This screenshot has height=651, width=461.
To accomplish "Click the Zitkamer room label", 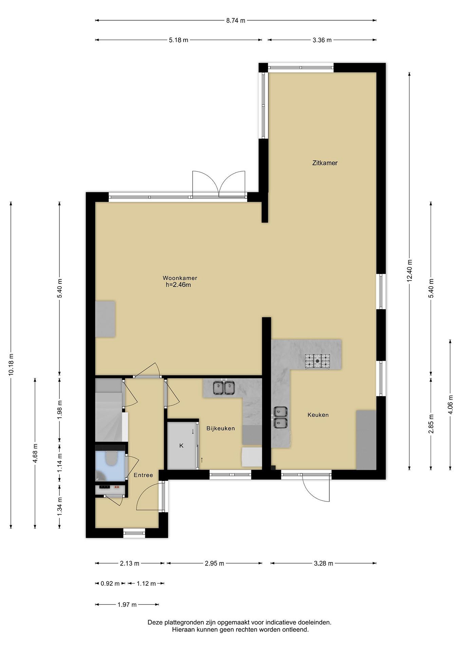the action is (325, 163).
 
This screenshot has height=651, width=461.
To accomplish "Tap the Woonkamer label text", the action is (180, 278).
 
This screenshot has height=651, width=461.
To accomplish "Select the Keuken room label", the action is (318, 415).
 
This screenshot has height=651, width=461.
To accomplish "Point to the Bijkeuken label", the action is (221, 428).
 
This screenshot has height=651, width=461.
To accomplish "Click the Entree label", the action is (143, 475).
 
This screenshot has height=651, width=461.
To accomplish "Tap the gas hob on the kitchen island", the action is (318, 361).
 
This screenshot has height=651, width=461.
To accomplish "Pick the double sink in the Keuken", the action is (280, 417).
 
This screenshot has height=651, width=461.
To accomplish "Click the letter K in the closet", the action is (182, 446).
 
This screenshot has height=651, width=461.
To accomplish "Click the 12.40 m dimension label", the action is (410, 271).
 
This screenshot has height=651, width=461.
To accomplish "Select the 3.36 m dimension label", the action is (322, 40).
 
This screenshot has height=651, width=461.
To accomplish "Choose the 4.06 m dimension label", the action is (450, 405).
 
